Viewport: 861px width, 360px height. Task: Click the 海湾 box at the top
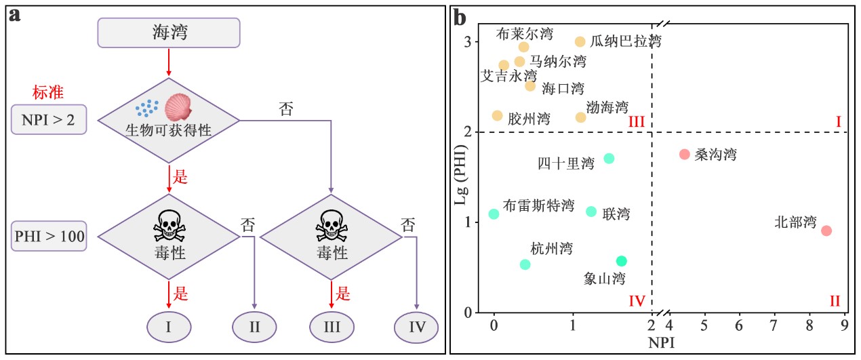tap(169, 32)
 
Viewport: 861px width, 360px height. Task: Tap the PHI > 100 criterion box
tap(49, 237)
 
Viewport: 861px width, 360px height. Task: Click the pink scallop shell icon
tap(179, 107)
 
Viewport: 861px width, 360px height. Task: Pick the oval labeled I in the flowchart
tap(168, 327)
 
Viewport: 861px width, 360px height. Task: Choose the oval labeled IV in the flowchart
tap(417, 327)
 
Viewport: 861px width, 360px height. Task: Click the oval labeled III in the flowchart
tap(332, 327)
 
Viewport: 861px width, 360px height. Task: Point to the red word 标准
tap(47, 92)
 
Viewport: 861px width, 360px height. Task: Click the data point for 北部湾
tap(826, 231)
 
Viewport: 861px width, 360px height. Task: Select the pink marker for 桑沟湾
tap(684, 154)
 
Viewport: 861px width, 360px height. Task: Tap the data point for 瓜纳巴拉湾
tap(580, 41)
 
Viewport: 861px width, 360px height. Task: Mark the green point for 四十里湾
tap(609, 158)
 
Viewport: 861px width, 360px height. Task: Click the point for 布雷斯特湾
tap(494, 214)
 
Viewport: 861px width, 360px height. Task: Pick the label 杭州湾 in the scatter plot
tap(551, 248)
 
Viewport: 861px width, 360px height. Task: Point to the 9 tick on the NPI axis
tap(844, 324)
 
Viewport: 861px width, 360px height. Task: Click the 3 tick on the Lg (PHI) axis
tap(467, 42)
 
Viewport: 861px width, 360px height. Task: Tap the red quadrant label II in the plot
tap(835, 301)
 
